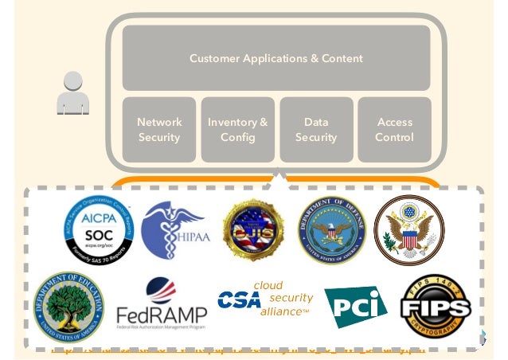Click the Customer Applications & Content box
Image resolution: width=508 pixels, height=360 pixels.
[275, 58]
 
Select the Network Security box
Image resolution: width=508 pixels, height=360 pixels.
[159, 130]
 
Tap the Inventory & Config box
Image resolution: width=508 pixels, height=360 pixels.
[237, 130]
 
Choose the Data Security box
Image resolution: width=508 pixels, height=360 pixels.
[315, 130]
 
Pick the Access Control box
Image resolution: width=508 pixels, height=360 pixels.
[394, 130]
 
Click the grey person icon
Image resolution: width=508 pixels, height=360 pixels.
[73, 93]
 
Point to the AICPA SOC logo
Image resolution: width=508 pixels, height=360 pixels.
[99, 230]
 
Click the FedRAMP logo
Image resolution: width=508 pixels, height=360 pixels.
[161, 307]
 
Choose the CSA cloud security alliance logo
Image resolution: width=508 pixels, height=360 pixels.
[265, 299]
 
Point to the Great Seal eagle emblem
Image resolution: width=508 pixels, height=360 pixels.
[409, 229]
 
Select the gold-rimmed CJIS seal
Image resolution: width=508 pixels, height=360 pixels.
[254, 230]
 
